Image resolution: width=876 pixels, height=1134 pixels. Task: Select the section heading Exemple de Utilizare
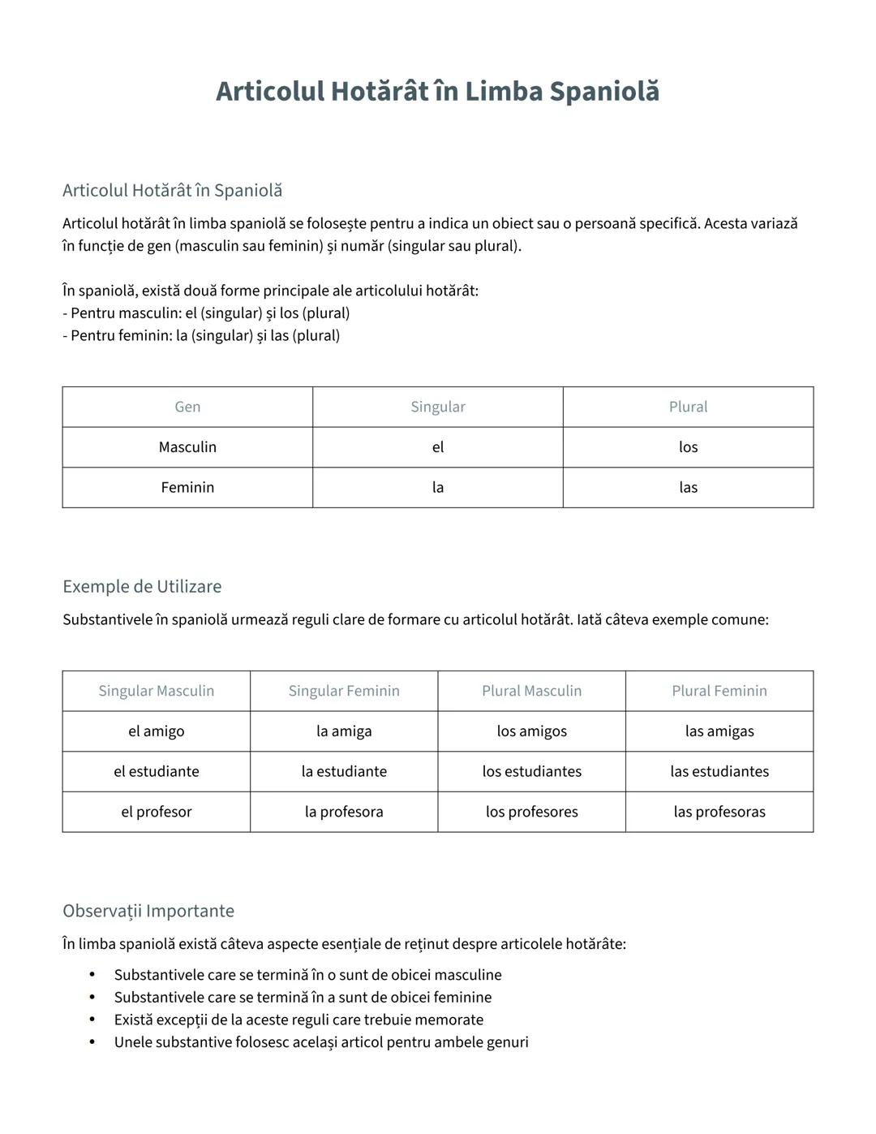click(x=142, y=586)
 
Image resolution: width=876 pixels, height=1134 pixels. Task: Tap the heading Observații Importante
click(x=148, y=911)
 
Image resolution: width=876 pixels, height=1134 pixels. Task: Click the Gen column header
click(x=187, y=407)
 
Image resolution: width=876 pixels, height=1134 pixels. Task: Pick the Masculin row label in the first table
click(x=187, y=447)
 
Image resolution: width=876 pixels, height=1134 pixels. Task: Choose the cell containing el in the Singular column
click(x=438, y=447)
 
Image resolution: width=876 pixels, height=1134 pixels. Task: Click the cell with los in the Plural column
click(x=688, y=447)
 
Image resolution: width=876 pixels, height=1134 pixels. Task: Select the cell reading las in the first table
click(x=688, y=487)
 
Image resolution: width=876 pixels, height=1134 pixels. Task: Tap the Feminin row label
click(x=187, y=487)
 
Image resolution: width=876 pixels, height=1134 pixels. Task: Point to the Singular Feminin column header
click(x=344, y=691)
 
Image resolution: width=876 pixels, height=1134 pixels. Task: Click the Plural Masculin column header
click(x=531, y=691)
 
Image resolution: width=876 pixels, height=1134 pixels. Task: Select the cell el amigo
click(x=157, y=731)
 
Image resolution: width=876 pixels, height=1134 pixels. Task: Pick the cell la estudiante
click(x=344, y=771)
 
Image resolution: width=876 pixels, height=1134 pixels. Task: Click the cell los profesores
click(x=531, y=812)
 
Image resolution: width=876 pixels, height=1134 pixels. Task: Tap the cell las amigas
click(x=719, y=731)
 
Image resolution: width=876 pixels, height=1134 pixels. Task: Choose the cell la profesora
click(x=344, y=812)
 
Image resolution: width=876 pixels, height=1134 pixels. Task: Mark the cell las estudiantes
click(x=719, y=771)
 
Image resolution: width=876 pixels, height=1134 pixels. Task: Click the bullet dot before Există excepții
click(x=92, y=1020)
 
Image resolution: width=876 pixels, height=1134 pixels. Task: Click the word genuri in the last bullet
click(x=505, y=1042)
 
